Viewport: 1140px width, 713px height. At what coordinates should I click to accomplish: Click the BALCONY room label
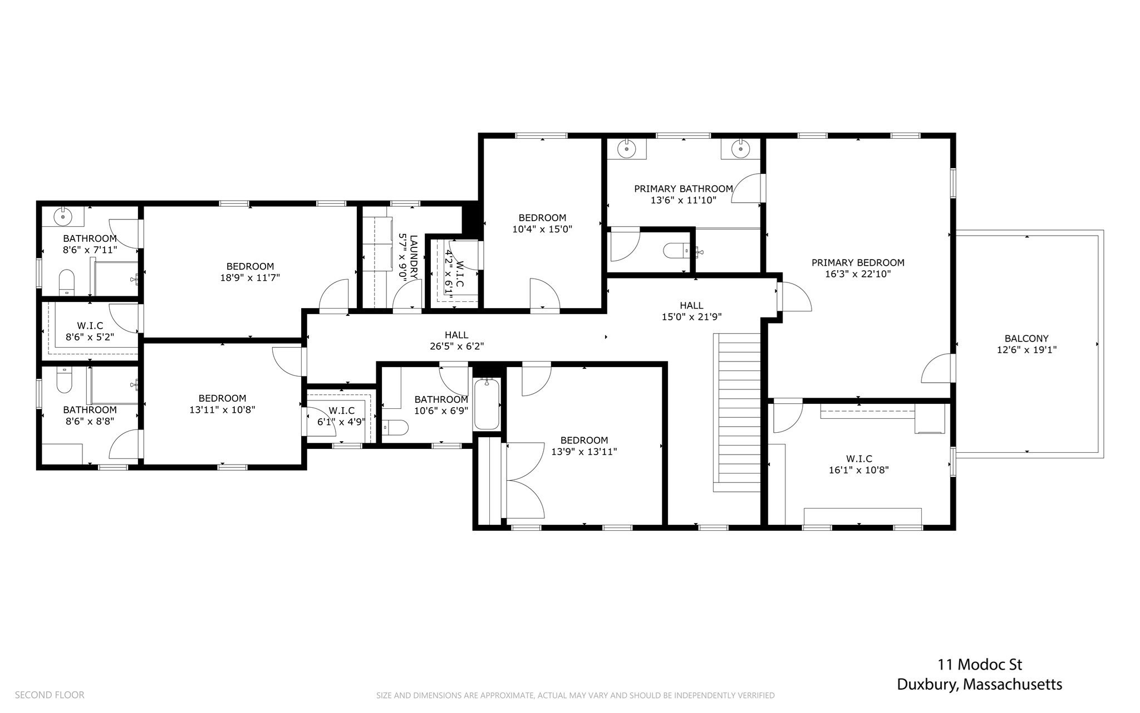pos(1026,338)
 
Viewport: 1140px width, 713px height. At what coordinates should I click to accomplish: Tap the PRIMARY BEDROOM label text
pos(858,262)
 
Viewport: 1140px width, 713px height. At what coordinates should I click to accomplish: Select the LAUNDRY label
pos(413,257)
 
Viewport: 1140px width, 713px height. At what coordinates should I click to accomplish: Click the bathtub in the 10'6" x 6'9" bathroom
pos(487,404)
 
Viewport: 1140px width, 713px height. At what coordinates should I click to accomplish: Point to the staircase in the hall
pos(737,412)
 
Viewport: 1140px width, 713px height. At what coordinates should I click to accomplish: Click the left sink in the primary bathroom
pos(627,149)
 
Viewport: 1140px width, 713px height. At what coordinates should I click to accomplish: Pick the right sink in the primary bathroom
pos(740,149)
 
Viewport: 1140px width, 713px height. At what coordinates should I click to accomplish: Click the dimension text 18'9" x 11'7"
pos(250,277)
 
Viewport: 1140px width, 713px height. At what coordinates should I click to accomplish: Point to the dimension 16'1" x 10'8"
pos(859,470)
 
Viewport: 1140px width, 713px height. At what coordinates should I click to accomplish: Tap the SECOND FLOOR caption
pos(50,695)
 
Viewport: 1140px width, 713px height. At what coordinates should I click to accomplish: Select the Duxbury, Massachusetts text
pos(980,685)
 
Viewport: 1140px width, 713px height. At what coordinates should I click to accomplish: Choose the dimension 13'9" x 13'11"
pos(584,452)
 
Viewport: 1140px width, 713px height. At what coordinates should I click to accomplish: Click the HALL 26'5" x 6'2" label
pos(456,340)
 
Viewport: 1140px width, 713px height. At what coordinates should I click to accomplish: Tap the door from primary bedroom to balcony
pos(953,368)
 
